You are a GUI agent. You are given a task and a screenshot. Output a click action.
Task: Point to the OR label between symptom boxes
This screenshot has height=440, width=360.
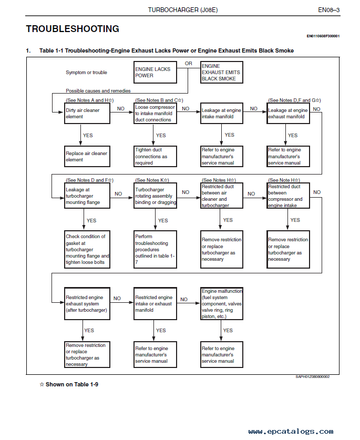188,64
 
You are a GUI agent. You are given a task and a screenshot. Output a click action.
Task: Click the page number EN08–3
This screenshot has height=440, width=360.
328,10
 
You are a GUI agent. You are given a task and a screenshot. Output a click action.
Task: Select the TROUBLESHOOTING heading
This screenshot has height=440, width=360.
73,29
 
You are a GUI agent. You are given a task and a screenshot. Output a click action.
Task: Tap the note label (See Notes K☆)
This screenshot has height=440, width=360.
152,180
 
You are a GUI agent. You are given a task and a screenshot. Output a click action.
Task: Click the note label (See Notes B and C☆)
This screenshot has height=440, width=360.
159,100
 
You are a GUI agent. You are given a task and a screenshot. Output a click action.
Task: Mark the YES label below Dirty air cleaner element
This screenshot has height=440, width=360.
88,135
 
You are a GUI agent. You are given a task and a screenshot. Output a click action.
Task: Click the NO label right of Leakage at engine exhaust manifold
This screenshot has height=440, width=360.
316,109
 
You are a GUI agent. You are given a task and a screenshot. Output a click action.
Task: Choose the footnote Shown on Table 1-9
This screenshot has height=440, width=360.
69,384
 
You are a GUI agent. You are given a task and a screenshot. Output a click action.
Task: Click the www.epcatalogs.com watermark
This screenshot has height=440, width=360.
291,431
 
